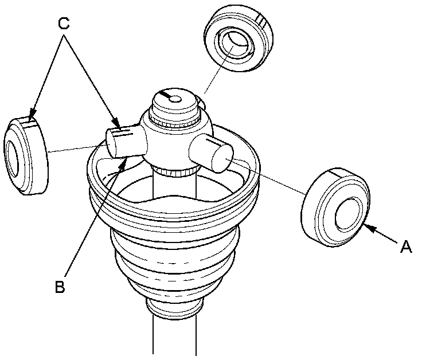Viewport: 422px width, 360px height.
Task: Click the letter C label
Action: [64, 24]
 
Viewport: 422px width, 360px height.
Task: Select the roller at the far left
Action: [26, 156]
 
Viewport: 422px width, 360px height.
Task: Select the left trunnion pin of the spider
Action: [122, 141]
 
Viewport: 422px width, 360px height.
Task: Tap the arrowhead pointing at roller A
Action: [366, 228]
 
